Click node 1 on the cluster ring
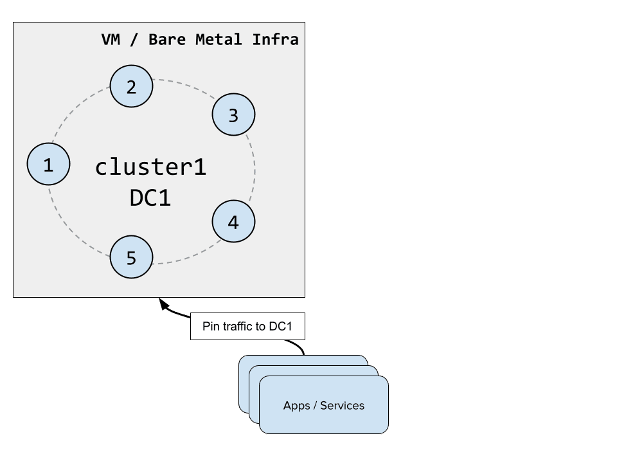[48, 164]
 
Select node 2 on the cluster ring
[131, 86]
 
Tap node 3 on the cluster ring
[233, 114]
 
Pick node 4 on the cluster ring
[233, 221]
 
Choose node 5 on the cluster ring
[131, 257]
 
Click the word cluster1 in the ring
[150, 167]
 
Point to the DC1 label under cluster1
[150, 197]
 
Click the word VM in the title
[111, 39]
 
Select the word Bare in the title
[167, 39]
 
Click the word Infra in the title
[275, 39]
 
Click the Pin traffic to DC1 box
[247, 326]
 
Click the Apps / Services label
[324, 406]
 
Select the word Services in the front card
[343, 406]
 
